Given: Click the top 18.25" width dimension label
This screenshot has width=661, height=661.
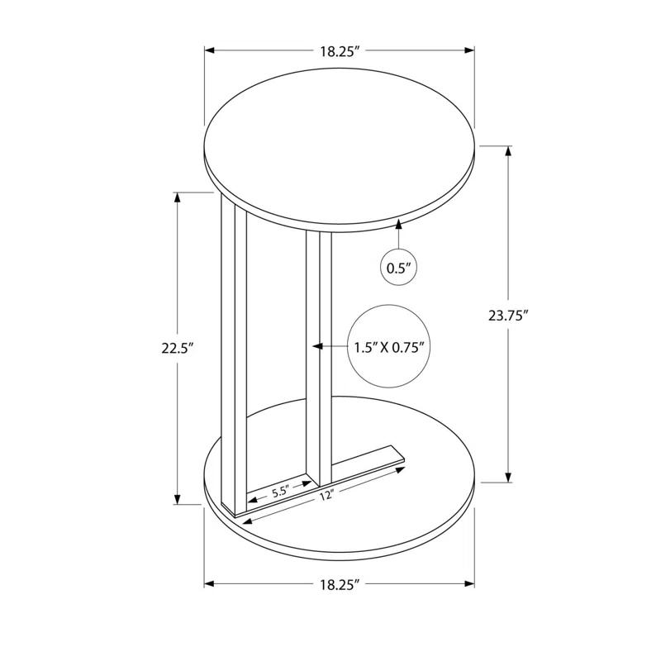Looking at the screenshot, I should tap(340, 51).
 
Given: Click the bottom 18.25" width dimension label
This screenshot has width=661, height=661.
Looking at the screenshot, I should tap(340, 584).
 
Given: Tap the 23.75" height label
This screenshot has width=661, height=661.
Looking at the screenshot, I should tap(508, 314).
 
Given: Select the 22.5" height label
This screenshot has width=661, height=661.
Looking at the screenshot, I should tap(177, 348).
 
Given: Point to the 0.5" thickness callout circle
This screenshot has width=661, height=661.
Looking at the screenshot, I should tap(399, 267).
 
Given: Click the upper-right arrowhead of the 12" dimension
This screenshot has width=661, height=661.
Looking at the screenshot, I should tap(402, 471).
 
